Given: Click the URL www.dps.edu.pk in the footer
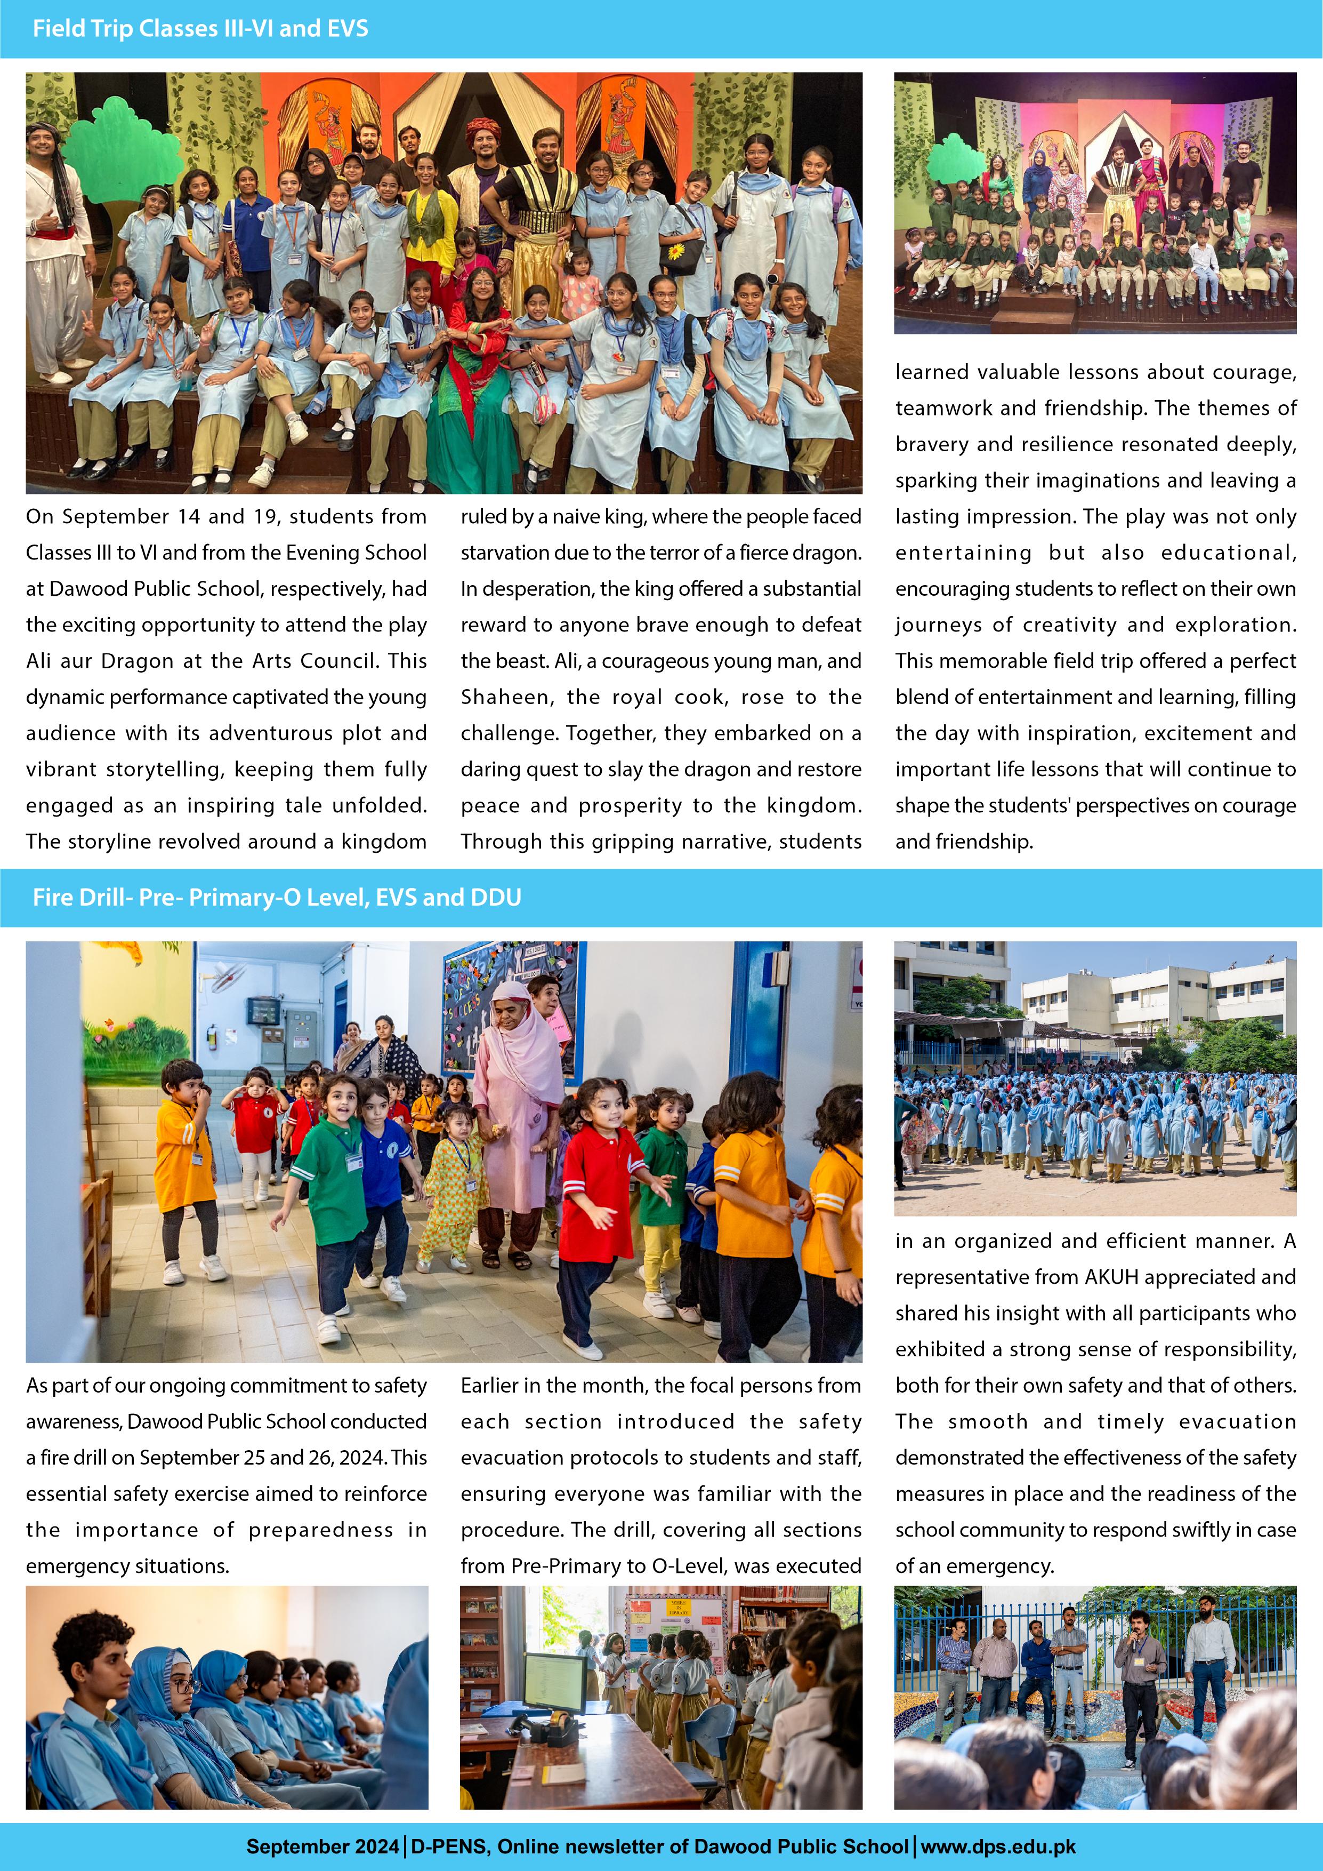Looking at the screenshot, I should click(x=999, y=1846).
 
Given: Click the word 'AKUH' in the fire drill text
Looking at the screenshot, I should click(x=1111, y=1277).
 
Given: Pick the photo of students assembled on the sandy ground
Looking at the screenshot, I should click(x=1094, y=1078).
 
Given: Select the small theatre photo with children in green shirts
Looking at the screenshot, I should click(x=1094, y=202).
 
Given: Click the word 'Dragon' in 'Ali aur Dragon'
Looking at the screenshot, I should click(x=139, y=661).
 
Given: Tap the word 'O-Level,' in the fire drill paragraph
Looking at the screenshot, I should click(x=701, y=1565).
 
